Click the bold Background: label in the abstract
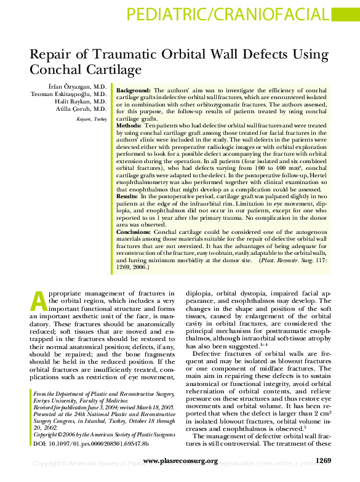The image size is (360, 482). click(x=134, y=90)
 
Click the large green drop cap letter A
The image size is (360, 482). click(x=38, y=300)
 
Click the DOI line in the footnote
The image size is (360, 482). click(x=90, y=443)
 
